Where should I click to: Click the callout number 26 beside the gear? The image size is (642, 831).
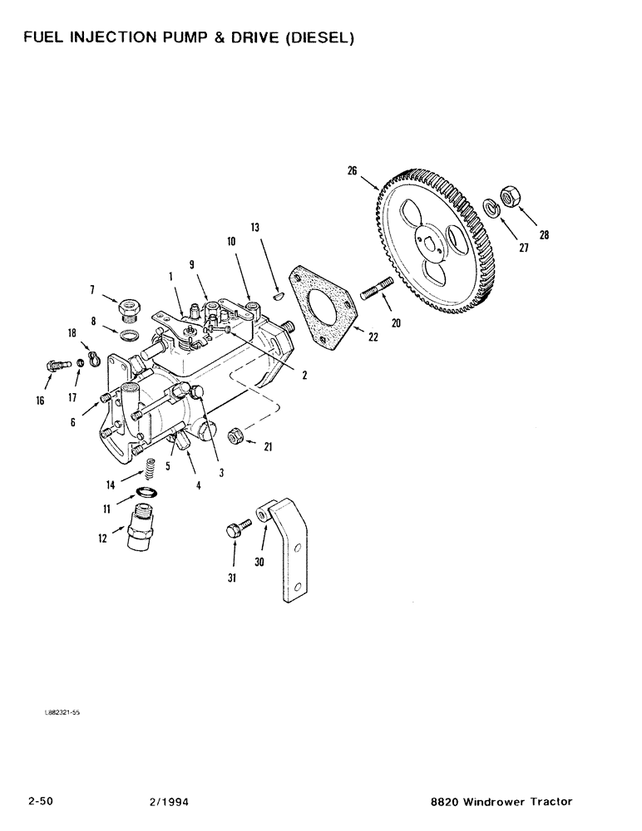point(352,171)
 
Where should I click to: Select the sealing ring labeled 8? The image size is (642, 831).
point(130,334)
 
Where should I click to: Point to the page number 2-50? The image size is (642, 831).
point(41,801)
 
